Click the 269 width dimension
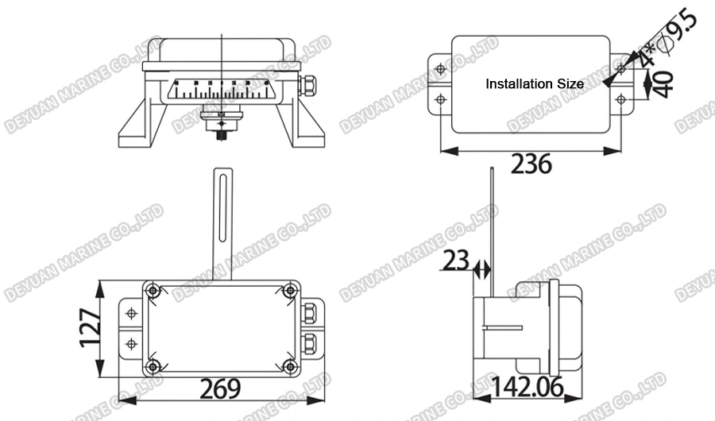point(219,389)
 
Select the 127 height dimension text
point(91,326)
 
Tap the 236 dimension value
point(530,164)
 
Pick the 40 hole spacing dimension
point(664,83)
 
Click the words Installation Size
point(534,83)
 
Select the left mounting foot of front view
point(142,127)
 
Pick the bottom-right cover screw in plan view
point(290,366)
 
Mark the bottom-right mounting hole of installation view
point(620,99)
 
